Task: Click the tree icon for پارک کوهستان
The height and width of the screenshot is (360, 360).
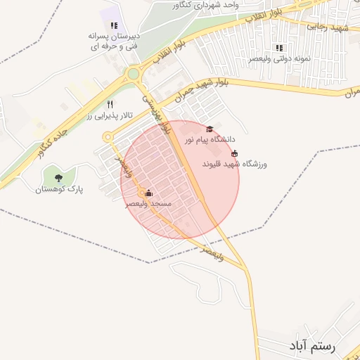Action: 58,177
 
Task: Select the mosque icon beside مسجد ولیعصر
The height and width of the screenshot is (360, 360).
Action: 148,193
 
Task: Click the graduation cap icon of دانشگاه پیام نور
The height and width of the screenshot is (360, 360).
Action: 209,129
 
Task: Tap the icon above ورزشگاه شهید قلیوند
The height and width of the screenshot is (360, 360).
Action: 235,153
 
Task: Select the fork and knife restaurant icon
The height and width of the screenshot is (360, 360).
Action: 110,104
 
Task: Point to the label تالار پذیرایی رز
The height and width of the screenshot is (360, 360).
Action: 109,115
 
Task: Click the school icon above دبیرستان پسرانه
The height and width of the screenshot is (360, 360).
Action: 114,25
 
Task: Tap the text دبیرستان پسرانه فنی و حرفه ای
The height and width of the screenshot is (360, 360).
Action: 114,41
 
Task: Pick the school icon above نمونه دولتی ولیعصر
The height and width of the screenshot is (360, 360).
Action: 279,48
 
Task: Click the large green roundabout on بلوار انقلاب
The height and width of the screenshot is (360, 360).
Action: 132,73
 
